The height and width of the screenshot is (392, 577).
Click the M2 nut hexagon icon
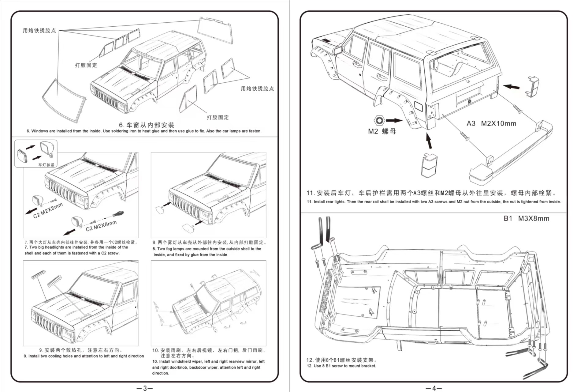pos(379,120)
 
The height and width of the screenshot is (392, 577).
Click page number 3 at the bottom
pos(145,388)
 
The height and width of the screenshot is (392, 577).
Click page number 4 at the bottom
pos(434,388)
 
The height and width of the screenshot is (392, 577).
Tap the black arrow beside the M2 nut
pos(393,120)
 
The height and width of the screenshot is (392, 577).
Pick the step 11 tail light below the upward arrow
pos(429,165)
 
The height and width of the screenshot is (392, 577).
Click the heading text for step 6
pos(146,125)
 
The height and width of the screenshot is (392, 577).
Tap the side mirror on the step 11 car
pos(338,50)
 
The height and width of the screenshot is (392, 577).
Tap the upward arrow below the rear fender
pos(429,141)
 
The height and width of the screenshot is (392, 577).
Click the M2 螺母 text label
pos(382,131)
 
